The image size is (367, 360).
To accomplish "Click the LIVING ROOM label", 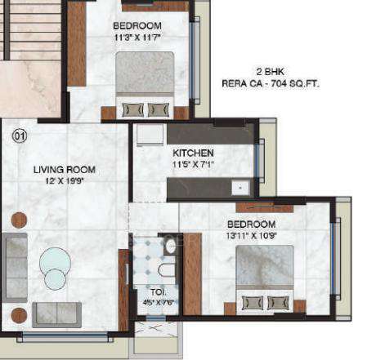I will (x=64, y=170).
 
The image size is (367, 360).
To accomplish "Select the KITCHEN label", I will (x=193, y=153).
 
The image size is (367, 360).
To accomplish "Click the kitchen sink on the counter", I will (x=239, y=188).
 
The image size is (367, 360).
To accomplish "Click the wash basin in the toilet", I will (x=170, y=245).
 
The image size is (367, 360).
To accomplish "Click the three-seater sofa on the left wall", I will (x=15, y=260).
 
